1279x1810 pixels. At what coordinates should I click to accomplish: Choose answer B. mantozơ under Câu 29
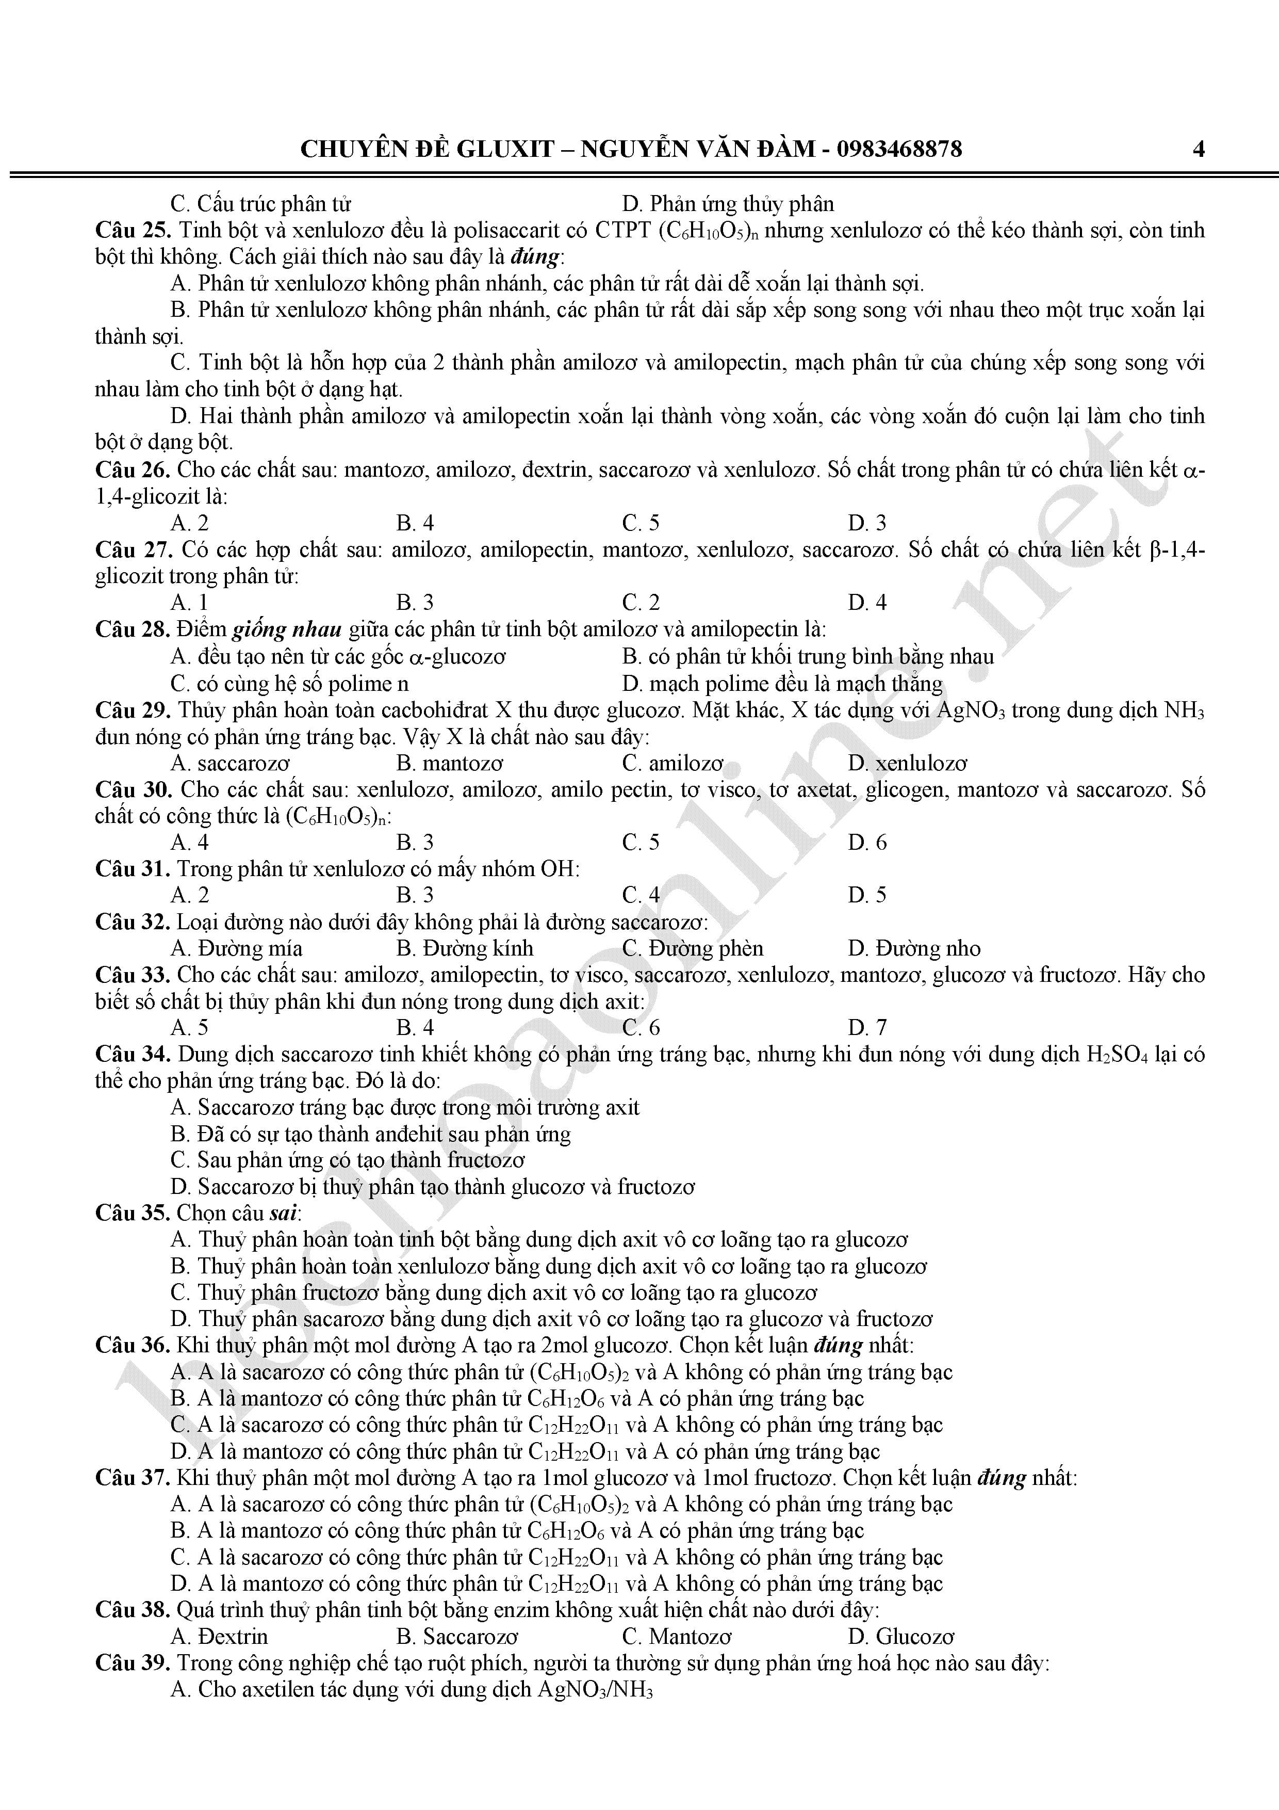click(449, 763)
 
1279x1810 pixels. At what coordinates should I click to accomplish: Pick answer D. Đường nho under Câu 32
click(914, 948)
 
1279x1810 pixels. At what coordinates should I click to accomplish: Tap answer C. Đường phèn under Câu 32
click(693, 948)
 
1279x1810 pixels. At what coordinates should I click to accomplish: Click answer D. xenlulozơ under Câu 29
click(908, 763)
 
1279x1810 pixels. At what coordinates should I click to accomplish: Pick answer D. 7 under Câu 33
click(867, 1028)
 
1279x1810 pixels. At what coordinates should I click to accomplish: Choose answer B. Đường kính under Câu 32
click(465, 948)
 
